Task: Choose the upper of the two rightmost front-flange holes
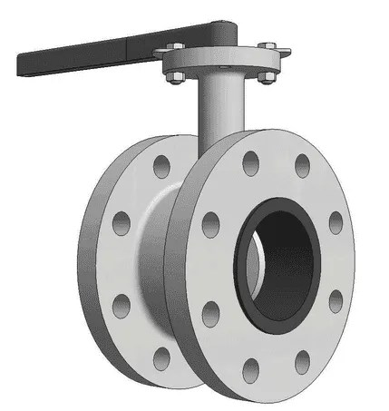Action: coord(336,222)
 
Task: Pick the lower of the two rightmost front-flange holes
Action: coord(335,299)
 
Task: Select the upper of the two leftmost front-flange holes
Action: coord(211,223)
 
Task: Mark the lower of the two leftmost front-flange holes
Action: coord(210,314)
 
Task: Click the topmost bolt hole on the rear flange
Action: coord(162,166)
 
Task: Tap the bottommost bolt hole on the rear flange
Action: coord(163,358)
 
